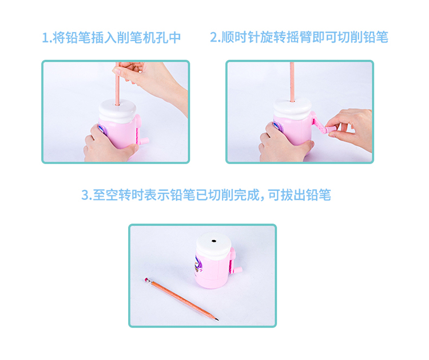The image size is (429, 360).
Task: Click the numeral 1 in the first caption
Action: [x=45, y=38]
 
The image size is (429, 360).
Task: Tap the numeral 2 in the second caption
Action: [x=214, y=38]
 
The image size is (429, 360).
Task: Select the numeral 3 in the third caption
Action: [x=85, y=195]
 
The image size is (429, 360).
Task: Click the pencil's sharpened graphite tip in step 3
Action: [x=217, y=319]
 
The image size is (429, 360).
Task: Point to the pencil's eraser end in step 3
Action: [x=146, y=279]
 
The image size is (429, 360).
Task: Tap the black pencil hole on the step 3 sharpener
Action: [x=214, y=241]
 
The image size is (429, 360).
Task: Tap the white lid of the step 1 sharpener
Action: [x=117, y=110]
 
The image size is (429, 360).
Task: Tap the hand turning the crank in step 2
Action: [x=350, y=129]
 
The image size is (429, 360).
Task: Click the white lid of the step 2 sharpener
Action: [x=292, y=108]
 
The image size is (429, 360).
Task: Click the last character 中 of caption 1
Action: [x=174, y=38]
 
